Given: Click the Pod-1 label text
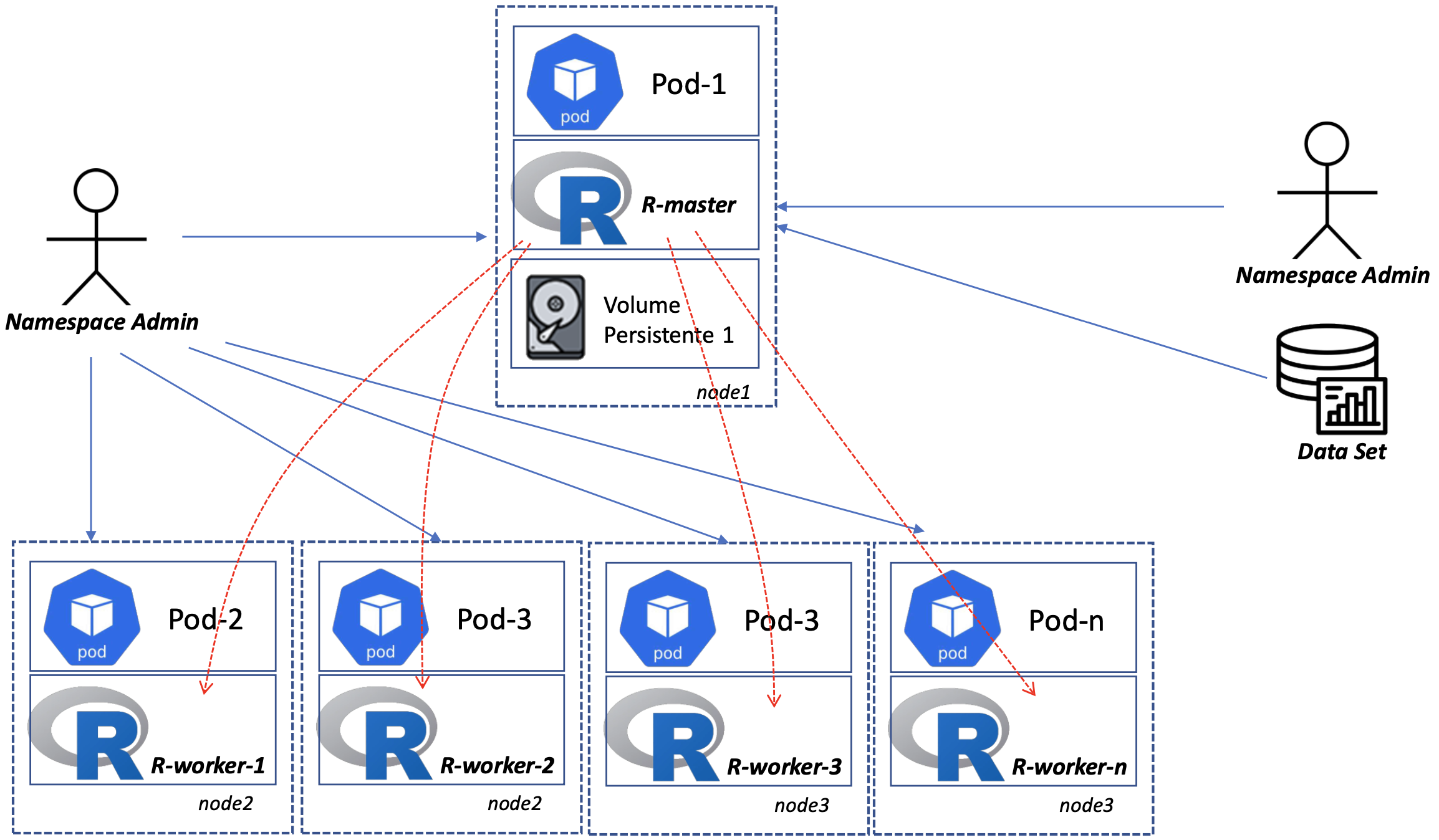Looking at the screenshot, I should coord(688,84).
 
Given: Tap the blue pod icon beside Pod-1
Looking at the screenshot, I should coord(574,82).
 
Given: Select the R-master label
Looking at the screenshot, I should coord(688,205).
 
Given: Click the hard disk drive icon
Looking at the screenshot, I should coord(556,317).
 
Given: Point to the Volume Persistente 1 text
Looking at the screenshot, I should coord(668,320).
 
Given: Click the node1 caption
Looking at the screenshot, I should coord(723,392).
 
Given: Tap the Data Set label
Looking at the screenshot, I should coord(1341,452).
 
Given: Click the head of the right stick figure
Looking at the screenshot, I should coord(1326,144).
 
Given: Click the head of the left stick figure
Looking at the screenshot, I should coord(96,190).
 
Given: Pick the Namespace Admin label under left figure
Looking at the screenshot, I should coord(102,322).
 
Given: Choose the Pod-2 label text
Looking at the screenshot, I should coord(205,619).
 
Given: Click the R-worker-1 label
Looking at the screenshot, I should coord(208,766).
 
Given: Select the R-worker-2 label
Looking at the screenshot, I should coord(497,766).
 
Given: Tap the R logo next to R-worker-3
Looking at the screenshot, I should coord(665,735).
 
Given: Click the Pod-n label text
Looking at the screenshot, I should coord(1066,621).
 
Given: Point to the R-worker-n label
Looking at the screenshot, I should coord(1069,767).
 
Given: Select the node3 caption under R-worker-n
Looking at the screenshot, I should coord(1085,806).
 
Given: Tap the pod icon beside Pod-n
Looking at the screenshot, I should coord(952,618).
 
